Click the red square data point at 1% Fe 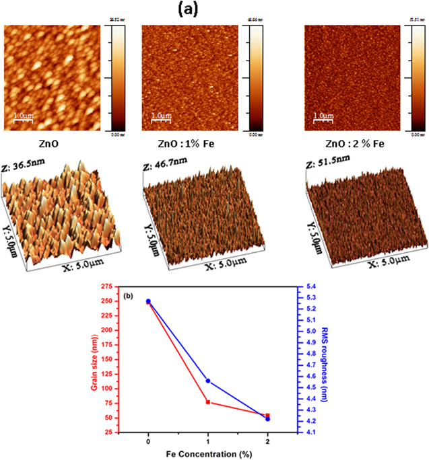pyautogui.click(x=208, y=402)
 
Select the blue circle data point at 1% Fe pyautogui.click(x=208, y=381)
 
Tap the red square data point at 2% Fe pyautogui.click(x=268, y=416)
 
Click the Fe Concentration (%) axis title pyautogui.click(x=208, y=454)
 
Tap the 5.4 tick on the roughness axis pyautogui.click(x=307, y=297)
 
